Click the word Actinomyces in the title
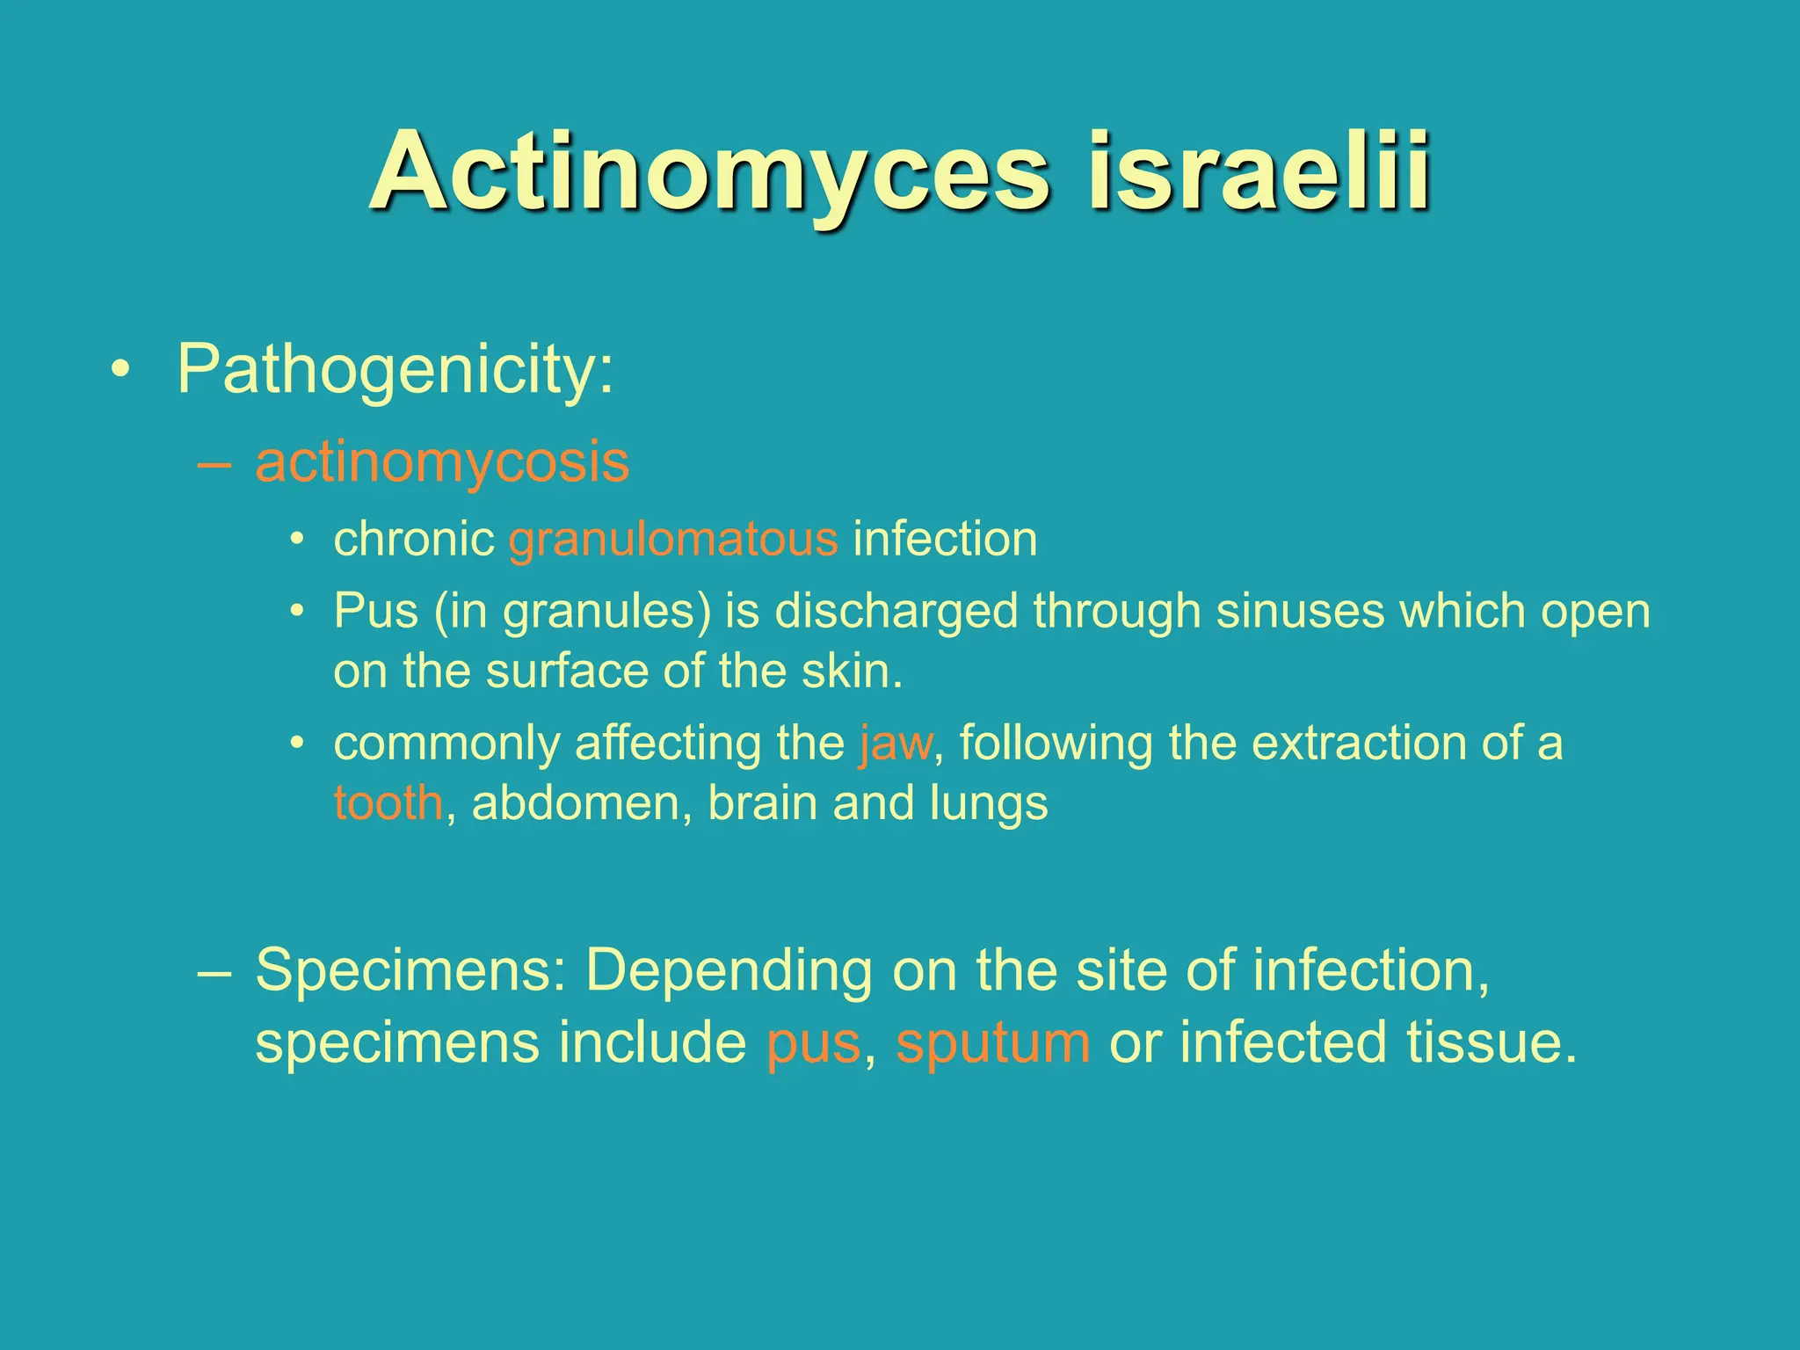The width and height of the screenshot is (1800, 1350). [x=708, y=172]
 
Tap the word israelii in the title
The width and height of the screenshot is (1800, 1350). [x=1258, y=172]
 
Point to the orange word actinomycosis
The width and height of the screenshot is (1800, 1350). [x=442, y=462]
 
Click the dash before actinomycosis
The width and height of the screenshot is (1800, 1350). [x=215, y=463]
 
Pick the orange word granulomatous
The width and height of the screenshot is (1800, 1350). [x=673, y=539]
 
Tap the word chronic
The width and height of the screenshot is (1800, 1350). [x=414, y=539]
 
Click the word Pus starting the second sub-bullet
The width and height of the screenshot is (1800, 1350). [x=375, y=610]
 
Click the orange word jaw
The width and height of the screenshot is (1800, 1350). [x=896, y=744]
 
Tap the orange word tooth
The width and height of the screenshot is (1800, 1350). [x=388, y=803]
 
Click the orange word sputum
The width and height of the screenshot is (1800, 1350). [x=993, y=1043]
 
